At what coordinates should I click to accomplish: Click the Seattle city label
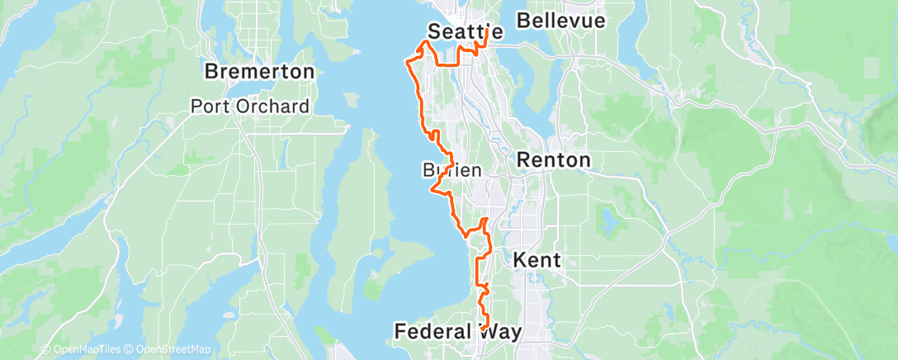pyautogui.click(x=466, y=31)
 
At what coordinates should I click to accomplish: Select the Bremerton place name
pyautogui.click(x=259, y=72)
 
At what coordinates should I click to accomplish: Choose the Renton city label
pyautogui.click(x=554, y=160)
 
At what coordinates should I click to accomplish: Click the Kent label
pyautogui.click(x=537, y=260)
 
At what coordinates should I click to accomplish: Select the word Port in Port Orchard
pyautogui.click(x=209, y=106)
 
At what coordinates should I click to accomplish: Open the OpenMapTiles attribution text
pyautogui.click(x=86, y=349)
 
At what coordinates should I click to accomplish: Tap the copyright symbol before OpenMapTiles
pyautogui.click(x=46, y=349)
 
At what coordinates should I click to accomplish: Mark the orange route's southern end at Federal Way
pyautogui.click(x=481, y=329)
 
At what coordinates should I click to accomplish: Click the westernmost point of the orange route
pyautogui.click(x=405, y=60)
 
